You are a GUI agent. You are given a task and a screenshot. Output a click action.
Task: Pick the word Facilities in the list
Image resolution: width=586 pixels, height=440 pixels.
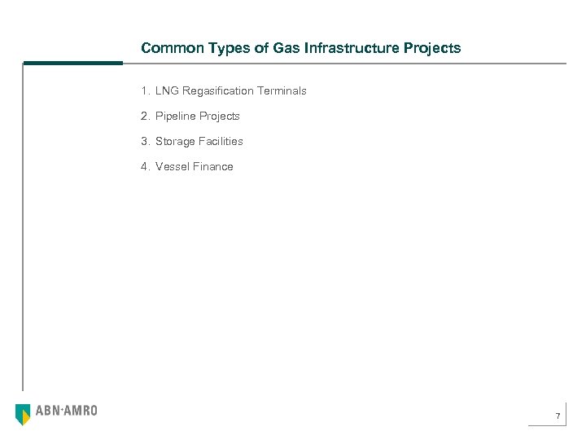pos(221,142)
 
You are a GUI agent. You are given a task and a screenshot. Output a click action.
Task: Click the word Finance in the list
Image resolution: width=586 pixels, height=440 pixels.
pos(213,167)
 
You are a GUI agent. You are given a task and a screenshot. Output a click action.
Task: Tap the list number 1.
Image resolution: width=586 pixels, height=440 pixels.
pos(144,91)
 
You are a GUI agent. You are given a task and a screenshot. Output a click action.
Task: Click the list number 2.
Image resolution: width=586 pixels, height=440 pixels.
pos(144,117)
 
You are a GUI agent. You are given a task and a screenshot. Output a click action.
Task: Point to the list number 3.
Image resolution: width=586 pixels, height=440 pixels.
pos(144,142)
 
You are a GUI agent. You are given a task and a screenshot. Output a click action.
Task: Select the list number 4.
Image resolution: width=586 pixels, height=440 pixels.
pos(144,167)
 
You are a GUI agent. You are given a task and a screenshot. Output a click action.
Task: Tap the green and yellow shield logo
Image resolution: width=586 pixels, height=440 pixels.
pos(24,414)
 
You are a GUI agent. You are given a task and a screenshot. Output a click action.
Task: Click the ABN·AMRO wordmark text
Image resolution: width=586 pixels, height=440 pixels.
pos(67,411)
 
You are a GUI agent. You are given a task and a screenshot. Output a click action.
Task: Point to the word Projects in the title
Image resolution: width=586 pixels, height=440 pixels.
pos(434,49)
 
